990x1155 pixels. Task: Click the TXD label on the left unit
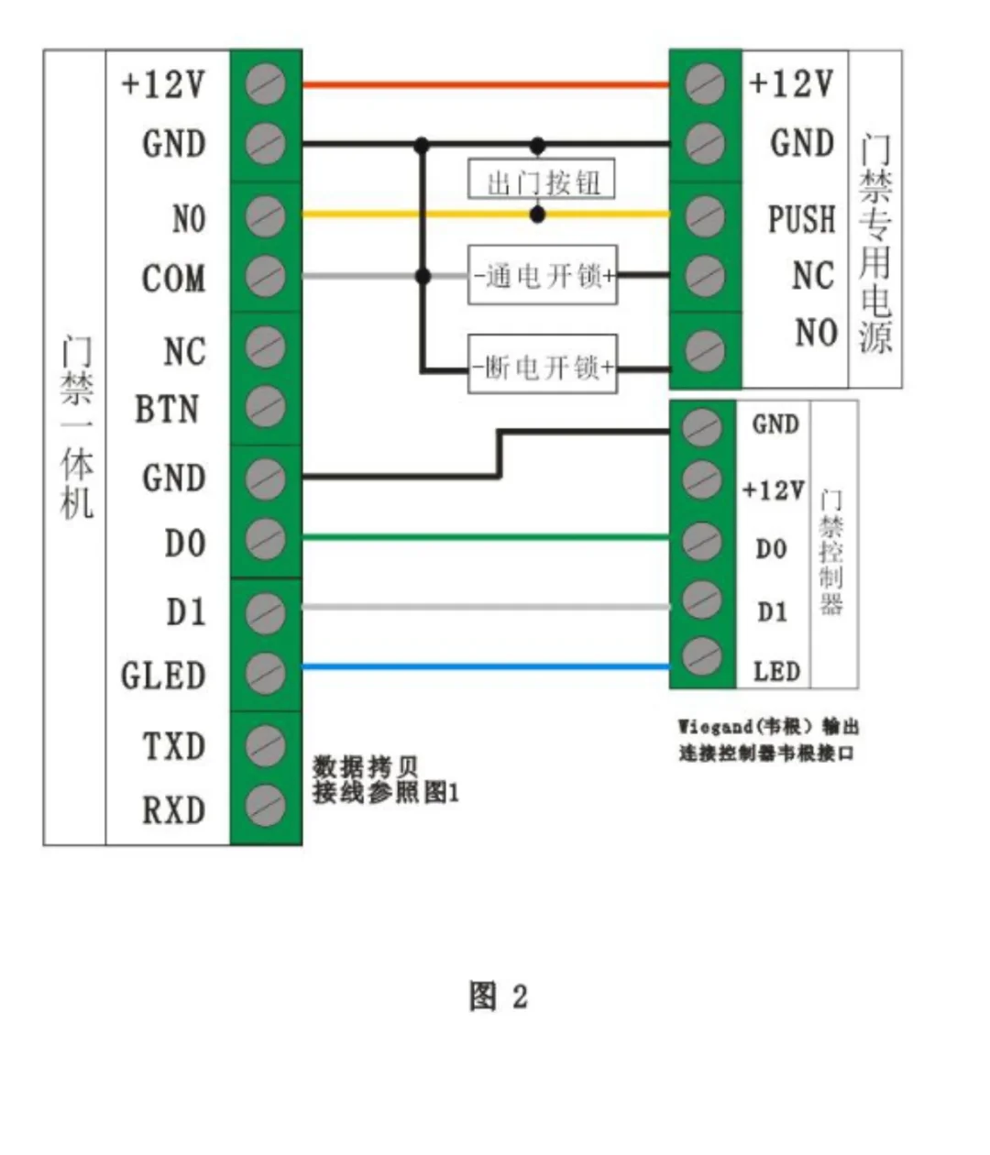click(x=173, y=746)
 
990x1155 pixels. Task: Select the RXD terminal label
click(x=173, y=810)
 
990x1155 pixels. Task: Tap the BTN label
click(x=167, y=410)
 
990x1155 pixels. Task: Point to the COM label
click(x=173, y=279)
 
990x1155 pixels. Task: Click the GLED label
click(x=163, y=676)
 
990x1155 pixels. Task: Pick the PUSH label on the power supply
click(x=802, y=220)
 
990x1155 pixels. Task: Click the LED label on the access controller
click(x=776, y=672)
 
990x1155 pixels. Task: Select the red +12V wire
click(x=486, y=85)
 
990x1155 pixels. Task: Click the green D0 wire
click(x=486, y=537)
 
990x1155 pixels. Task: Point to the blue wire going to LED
click(x=486, y=667)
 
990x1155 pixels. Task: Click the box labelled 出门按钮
click(x=542, y=181)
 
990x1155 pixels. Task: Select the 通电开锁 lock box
click(x=543, y=275)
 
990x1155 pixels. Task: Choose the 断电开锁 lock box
click(x=543, y=367)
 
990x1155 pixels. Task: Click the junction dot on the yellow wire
click(x=538, y=214)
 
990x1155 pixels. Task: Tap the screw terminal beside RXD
click(x=265, y=806)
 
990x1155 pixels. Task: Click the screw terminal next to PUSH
click(x=704, y=216)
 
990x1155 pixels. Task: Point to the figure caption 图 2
click(x=498, y=996)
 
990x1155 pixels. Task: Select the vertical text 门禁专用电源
click(x=875, y=244)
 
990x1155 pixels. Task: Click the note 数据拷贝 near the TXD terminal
click(x=366, y=766)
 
